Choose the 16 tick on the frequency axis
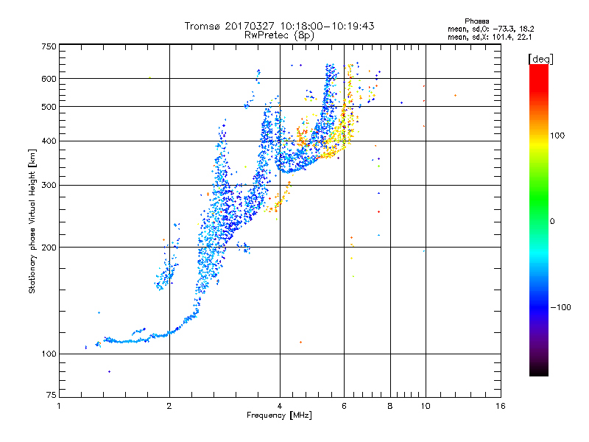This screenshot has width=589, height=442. click(500, 406)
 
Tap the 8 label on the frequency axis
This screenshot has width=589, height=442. click(390, 406)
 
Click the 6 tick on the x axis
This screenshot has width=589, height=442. click(344, 406)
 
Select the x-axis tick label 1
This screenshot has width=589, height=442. click(60, 406)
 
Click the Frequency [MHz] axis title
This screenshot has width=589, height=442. click(278, 415)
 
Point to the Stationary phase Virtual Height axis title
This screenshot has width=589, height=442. click(32, 221)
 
